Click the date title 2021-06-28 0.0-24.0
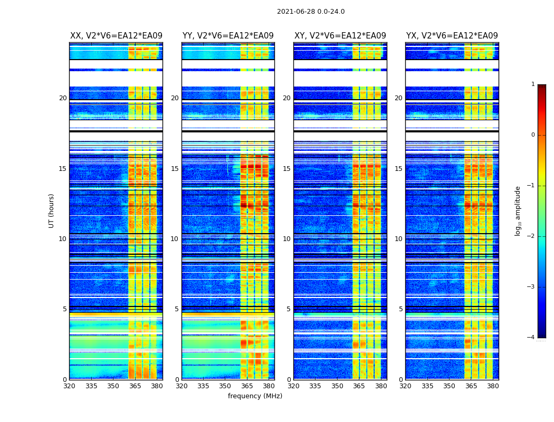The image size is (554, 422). tap(311, 12)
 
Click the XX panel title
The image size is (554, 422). tap(116, 36)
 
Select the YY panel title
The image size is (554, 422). tap(228, 36)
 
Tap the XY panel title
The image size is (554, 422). tap(340, 36)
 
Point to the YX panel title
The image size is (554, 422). tap(452, 36)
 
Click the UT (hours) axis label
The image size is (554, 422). tap(51, 210)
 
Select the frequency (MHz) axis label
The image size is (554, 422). tap(255, 396)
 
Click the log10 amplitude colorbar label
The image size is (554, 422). tap(518, 210)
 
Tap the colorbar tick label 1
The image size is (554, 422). tap(533, 84)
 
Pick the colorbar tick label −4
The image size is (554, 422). tap(531, 338)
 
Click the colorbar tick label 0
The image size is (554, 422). tap(533, 135)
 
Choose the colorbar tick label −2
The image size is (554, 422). tap(531, 236)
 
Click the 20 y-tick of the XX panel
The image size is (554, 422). tap(63, 98)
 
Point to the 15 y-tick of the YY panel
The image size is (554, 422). tap(175, 169)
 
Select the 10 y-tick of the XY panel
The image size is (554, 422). tap(286, 239)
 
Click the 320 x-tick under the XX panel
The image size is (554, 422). tap(69, 386)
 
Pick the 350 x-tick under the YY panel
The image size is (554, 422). tap(225, 386)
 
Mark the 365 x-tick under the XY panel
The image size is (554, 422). tap(359, 386)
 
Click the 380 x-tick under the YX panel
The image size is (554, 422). tap(493, 386)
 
